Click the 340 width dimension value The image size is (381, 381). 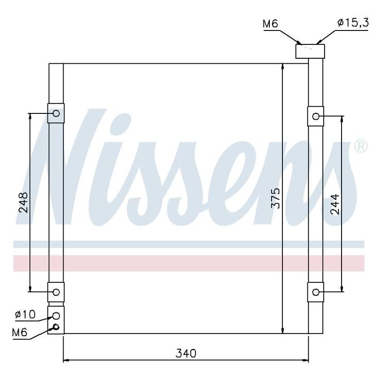point(186,353)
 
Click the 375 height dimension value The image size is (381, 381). point(275,198)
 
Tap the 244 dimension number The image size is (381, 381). point(335,204)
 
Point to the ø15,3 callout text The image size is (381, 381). point(353,23)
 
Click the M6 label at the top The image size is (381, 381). point(270,23)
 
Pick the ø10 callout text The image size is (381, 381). point(25,315)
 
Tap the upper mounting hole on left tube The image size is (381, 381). point(56,113)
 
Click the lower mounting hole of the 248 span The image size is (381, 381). point(56,292)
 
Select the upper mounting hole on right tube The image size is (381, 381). point(316,117)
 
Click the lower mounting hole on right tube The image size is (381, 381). point(316,292)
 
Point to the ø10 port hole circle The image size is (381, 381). point(56,316)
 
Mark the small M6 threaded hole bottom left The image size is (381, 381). point(56,326)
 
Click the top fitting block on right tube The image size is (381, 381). point(310,51)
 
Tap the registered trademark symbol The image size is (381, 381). point(361,146)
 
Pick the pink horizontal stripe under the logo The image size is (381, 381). point(188,263)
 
